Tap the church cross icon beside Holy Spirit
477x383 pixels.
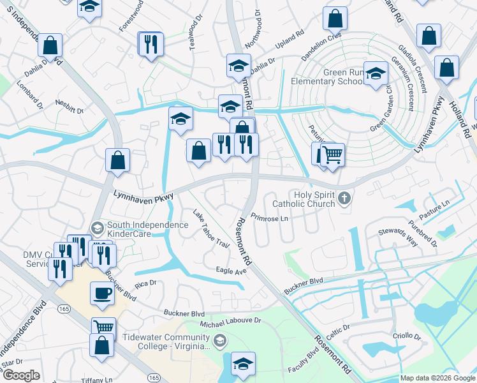pyautogui.click(x=344, y=197)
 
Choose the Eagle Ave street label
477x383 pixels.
pyautogui.click(x=231, y=271)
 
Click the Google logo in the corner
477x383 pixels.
pyautogui.click(x=22, y=375)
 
